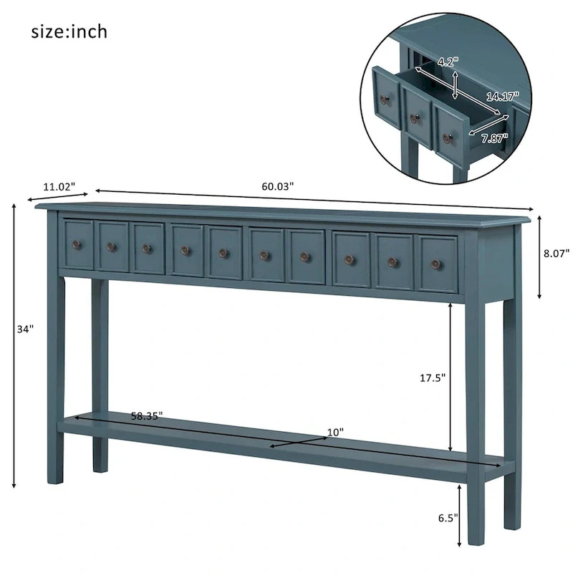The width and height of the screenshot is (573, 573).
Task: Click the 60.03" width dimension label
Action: [x=277, y=186]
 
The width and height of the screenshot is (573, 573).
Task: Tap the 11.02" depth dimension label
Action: [x=58, y=186]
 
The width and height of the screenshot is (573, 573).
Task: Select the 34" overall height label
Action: [x=25, y=329]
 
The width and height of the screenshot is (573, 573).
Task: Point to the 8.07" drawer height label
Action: [x=557, y=253]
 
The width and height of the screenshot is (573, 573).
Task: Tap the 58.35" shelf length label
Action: [x=147, y=415]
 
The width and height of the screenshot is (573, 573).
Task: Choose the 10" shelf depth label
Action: [x=335, y=432]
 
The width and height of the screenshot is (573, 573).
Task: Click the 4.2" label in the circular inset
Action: [x=447, y=62]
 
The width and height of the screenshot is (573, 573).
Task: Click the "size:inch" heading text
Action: [x=69, y=32]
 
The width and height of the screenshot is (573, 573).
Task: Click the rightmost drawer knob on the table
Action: [x=435, y=264]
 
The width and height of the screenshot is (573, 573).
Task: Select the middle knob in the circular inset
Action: [x=414, y=118]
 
